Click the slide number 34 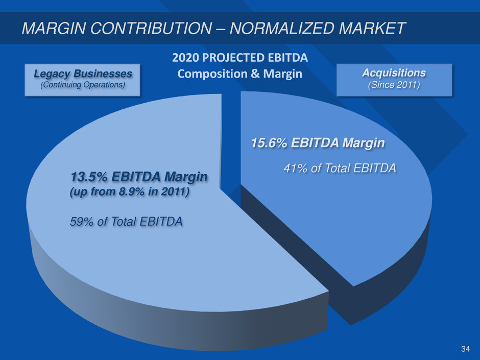pyautogui.click(x=465, y=349)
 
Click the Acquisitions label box pyautogui.click(x=394, y=79)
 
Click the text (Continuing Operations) pyautogui.click(x=83, y=85)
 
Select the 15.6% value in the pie pyautogui.click(x=268, y=145)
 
